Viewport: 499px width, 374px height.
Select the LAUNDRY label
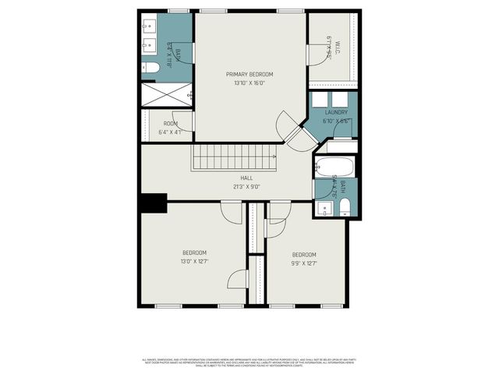coord(336,112)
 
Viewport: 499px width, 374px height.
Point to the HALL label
coord(246,178)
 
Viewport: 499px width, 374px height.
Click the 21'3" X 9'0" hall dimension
coord(246,187)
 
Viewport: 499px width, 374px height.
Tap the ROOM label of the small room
coord(171,123)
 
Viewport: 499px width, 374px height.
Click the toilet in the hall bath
coord(345,206)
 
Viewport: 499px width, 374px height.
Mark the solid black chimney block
coord(153,202)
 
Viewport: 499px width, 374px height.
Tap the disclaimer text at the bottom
coord(249,362)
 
